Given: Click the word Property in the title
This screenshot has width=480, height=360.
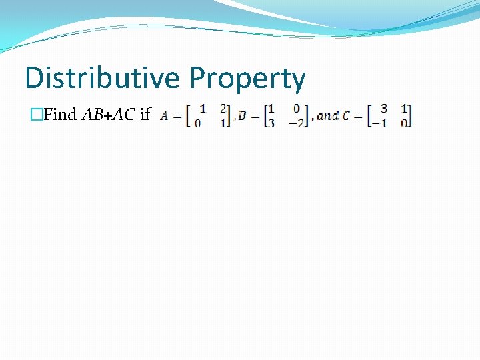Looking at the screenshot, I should [247, 79].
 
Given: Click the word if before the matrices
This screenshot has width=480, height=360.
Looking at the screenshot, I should [145, 115].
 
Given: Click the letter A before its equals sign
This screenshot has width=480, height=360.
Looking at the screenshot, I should [164, 115].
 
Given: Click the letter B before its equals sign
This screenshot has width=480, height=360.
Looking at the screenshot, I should [242, 115].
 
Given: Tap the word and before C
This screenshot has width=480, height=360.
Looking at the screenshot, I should [327, 115].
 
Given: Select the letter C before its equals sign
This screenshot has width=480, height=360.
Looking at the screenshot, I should [345, 115].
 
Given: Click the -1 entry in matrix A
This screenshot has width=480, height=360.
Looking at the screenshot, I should [198, 109].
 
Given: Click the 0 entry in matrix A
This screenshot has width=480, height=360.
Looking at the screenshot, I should [198, 123].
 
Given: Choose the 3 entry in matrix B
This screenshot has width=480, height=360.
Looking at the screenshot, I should [271, 123].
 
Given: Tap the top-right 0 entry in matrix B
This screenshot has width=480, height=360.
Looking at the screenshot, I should [297, 109].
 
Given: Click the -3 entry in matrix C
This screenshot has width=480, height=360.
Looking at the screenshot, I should [380, 109].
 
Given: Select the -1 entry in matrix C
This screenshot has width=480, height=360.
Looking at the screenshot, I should [380, 123].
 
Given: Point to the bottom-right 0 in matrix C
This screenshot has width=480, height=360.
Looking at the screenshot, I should [404, 123].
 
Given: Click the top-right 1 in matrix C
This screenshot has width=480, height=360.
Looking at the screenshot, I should [405, 109].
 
